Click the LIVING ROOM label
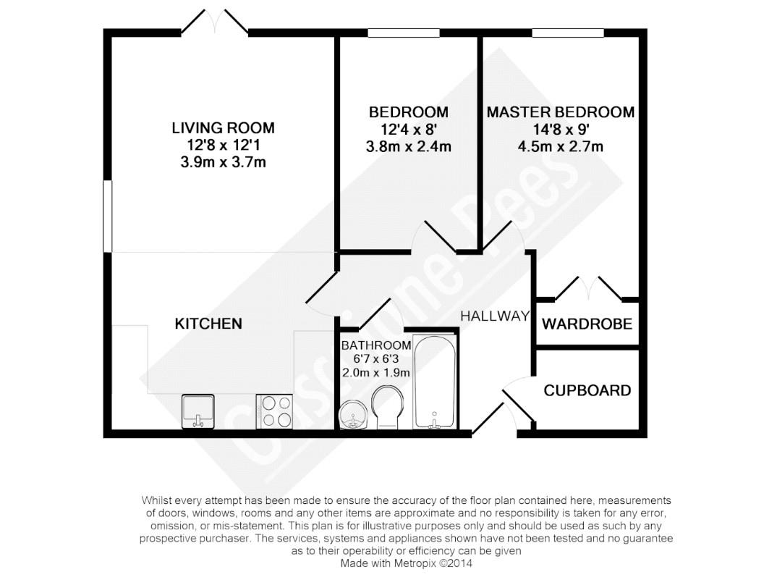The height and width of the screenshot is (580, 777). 223,128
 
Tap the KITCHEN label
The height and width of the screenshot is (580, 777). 208,324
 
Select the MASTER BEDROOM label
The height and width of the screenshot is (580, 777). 561,112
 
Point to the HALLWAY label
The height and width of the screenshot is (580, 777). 495,316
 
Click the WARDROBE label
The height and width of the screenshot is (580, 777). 587,324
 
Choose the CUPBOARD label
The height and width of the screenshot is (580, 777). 587,390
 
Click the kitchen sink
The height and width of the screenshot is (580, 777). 198,411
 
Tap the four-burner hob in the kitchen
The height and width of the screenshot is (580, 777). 274,411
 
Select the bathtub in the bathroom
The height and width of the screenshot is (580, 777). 435,382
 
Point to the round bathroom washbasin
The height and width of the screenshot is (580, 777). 353,414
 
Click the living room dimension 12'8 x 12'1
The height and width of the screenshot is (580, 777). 223,145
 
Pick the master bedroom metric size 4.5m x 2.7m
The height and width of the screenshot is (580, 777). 561,146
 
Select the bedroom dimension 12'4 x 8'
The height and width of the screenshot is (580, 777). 408,130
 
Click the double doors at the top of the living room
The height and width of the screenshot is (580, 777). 215,22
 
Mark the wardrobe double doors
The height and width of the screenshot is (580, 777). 588,289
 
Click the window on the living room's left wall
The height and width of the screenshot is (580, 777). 108,216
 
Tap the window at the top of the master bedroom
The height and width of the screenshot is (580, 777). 569,33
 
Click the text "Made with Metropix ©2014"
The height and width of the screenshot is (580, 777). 407,563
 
